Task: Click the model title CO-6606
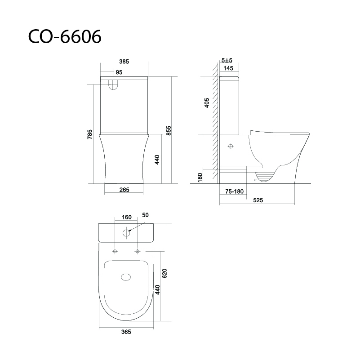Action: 65,36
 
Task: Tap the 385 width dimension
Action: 124,62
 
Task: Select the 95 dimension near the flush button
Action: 119,72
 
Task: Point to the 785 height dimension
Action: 90,134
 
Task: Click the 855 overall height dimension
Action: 169,131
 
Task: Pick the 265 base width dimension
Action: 124,190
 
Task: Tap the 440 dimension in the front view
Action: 157,160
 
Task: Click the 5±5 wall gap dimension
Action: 227,60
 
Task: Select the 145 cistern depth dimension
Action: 228,68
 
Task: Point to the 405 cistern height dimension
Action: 207,103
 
